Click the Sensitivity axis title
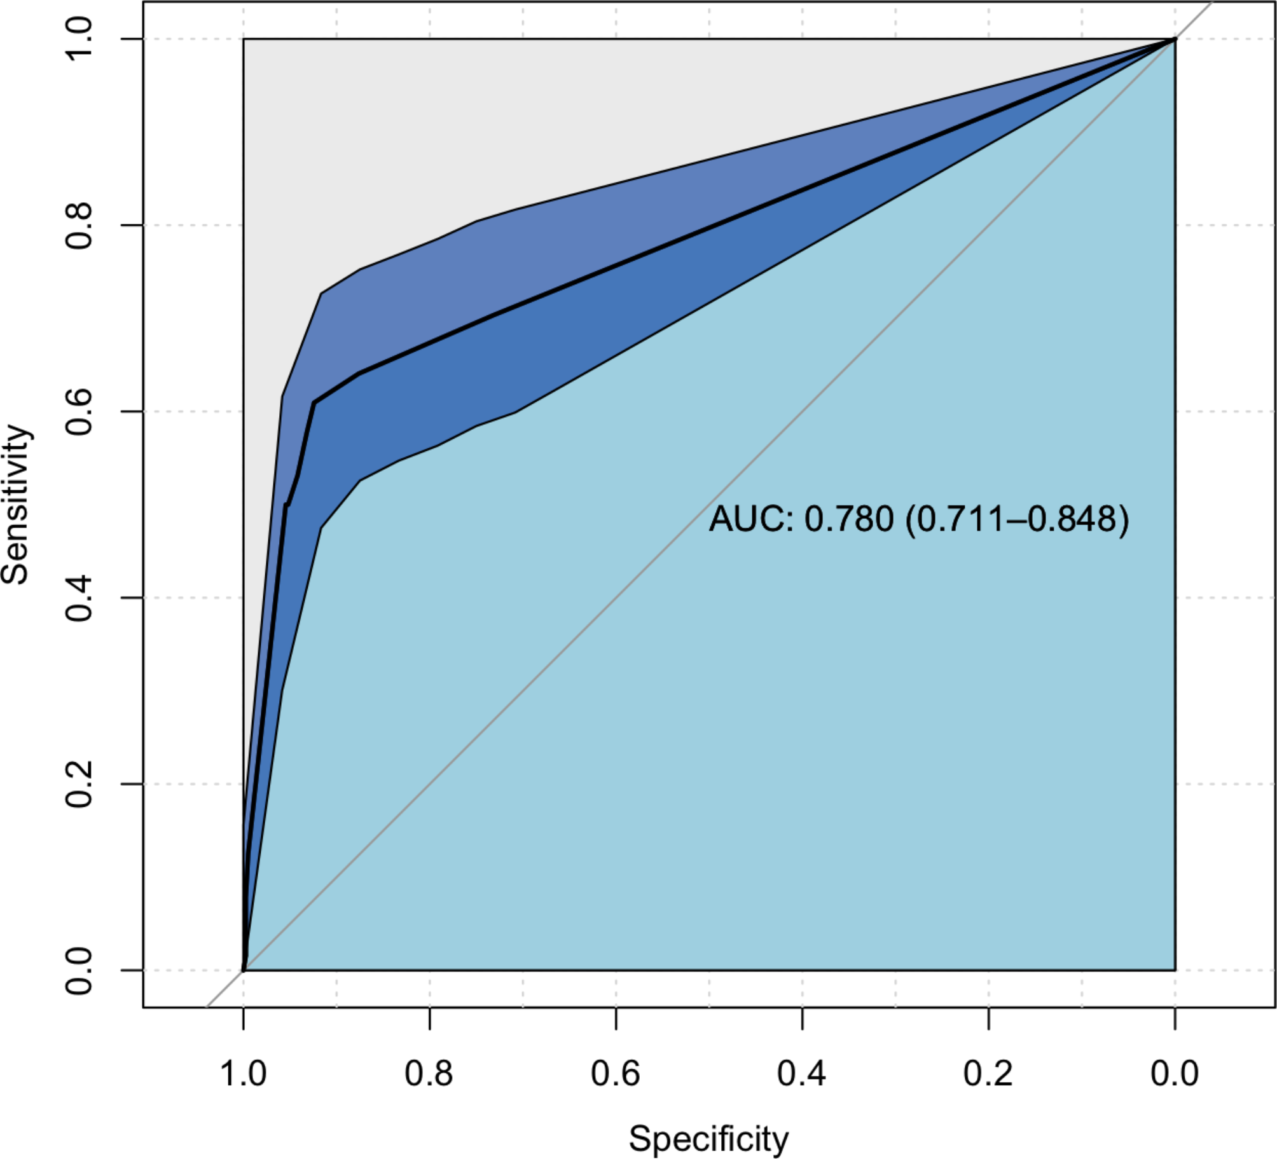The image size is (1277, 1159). pos(15,504)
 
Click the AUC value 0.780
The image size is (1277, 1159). pos(849,519)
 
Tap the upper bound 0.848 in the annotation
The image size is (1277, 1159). pos(1072,519)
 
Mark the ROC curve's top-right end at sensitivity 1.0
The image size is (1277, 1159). pos(1175,39)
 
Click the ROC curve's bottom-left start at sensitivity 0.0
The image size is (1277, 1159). pos(244,970)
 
